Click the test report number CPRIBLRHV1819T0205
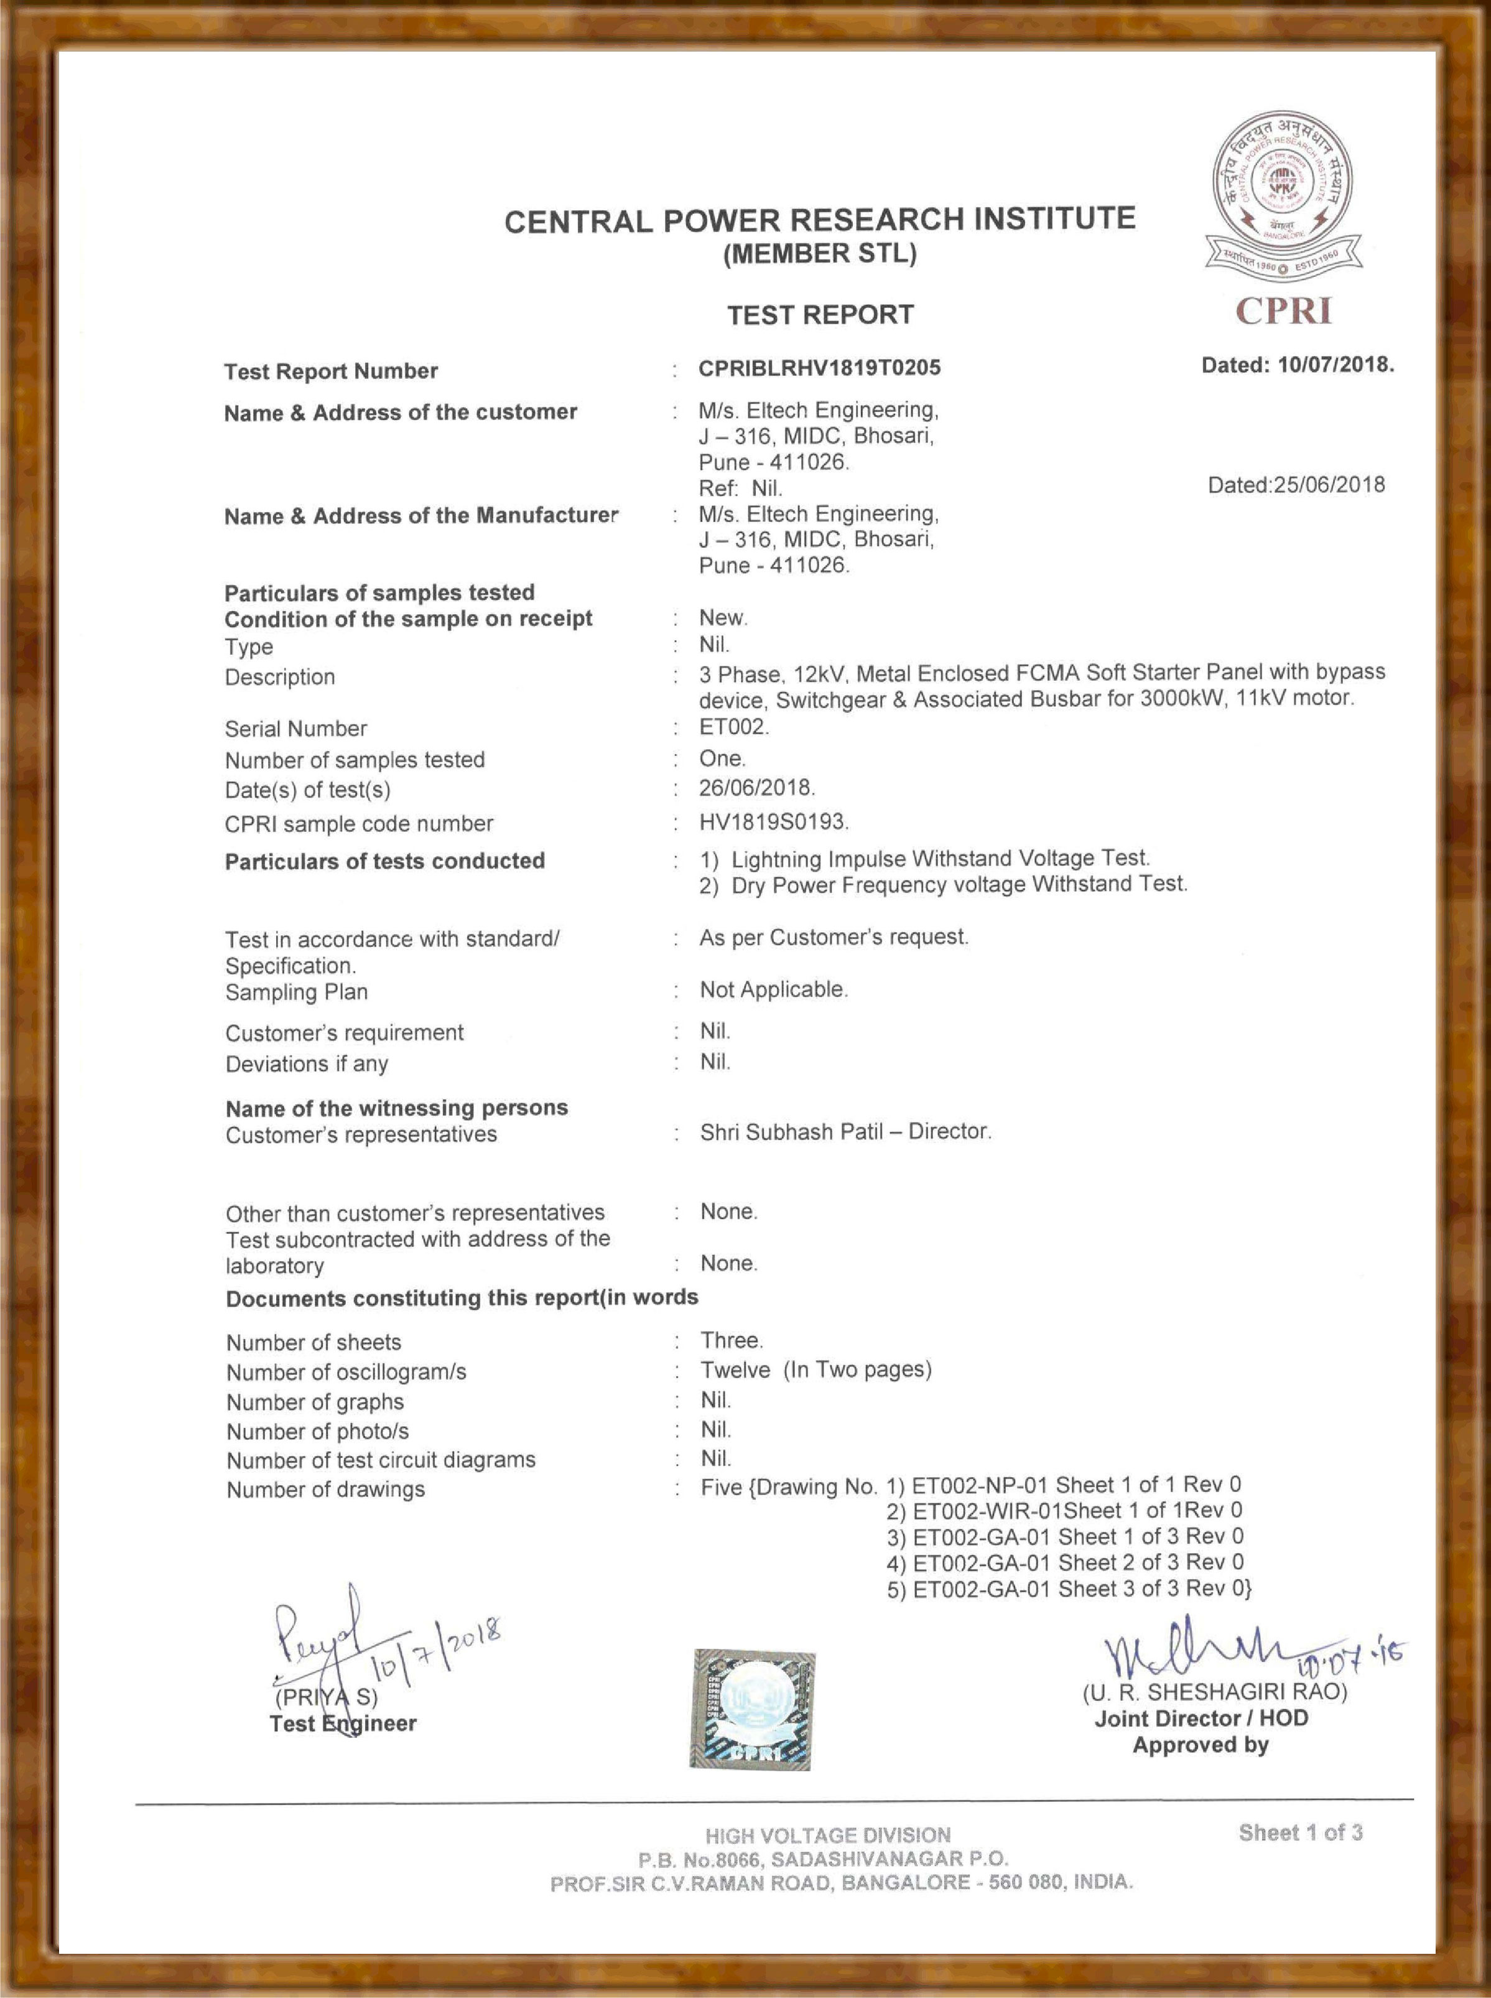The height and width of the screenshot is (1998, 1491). click(819, 368)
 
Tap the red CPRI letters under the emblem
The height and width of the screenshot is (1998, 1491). click(1283, 312)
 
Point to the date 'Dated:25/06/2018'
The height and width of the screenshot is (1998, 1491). click(1296, 485)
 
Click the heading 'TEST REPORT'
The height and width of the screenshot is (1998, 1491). click(820, 315)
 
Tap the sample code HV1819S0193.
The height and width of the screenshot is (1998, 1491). click(773, 821)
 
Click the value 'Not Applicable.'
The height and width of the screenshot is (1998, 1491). click(773, 989)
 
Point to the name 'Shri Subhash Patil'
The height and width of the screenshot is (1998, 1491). click(791, 1131)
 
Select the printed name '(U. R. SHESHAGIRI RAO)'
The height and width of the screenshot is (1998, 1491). click(1215, 1691)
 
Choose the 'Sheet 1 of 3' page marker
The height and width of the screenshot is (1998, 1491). click(1299, 1832)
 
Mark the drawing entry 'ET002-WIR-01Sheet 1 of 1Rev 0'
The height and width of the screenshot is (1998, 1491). click(1065, 1510)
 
